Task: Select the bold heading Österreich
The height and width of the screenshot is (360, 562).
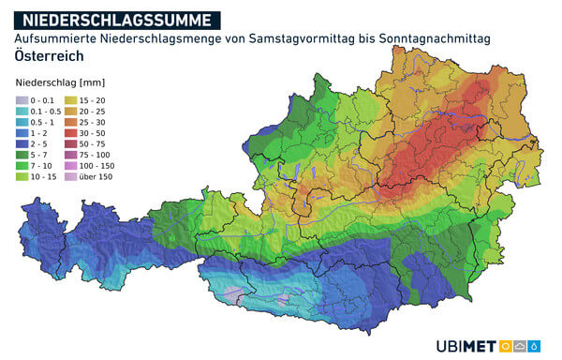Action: point(49,55)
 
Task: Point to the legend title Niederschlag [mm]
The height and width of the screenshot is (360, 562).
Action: point(58,83)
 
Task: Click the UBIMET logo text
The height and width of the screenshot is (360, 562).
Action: point(466,344)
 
